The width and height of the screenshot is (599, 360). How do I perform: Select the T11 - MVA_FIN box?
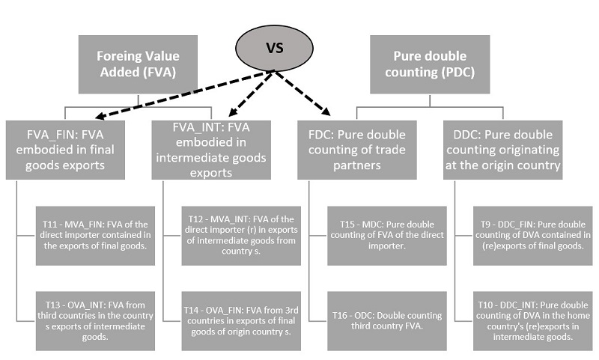94,234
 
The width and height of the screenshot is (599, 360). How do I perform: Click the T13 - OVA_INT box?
94,320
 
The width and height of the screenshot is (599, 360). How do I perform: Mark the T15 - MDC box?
387,234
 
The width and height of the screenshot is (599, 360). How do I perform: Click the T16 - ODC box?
387,320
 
